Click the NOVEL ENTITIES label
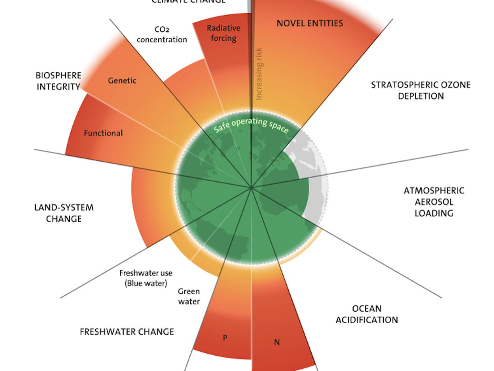click(x=310, y=23)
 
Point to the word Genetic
click(x=122, y=80)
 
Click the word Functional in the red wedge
click(x=103, y=133)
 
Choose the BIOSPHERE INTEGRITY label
click(x=58, y=81)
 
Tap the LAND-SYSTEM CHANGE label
click(x=64, y=213)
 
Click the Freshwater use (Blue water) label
click(x=146, y=278)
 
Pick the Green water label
click(x=189, y=296)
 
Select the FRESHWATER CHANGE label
click(x=127, y=331)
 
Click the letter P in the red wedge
click(x=225, y=338)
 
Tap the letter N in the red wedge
click(x=277, y=343)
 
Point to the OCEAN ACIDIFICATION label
click(x=367, y=314)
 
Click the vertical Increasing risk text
click(x=259, y=74)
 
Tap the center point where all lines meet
click(x=251, y=188)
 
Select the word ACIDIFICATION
click(x=367, y=319)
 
